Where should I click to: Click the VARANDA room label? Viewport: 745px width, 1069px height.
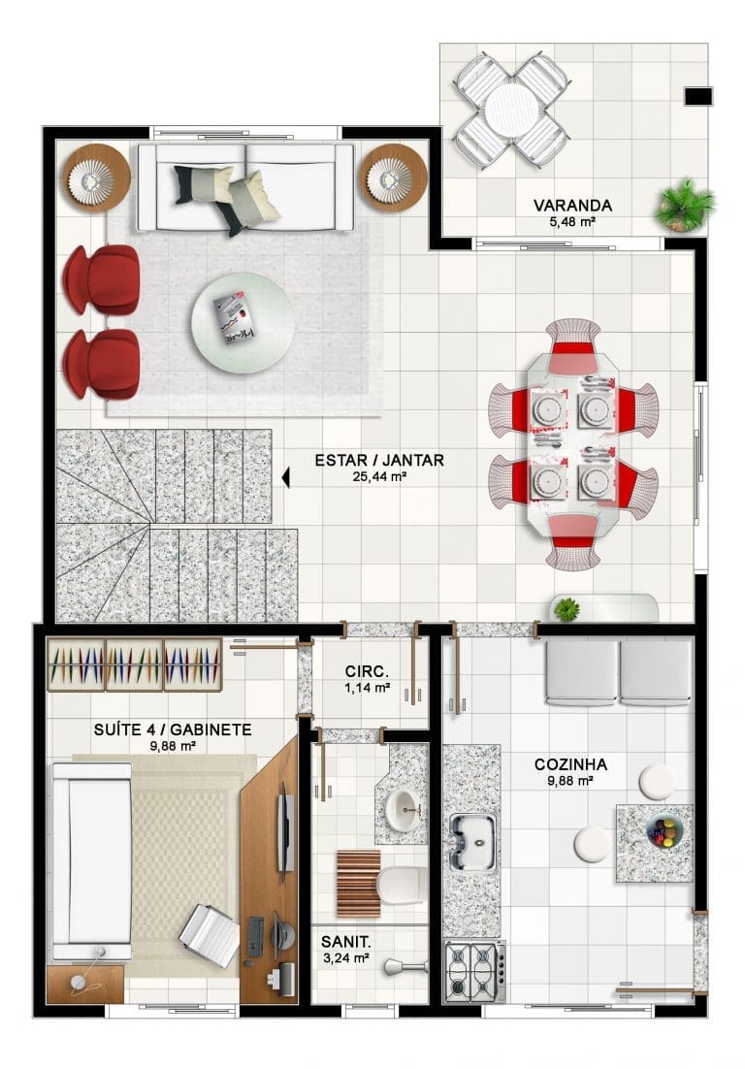click(x=572, y=206)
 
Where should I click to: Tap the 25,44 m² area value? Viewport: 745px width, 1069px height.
click(x=379, y=476)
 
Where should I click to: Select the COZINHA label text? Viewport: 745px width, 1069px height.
click(x=570, y=765)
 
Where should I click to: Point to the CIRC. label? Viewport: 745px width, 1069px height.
click(x=367, y=671)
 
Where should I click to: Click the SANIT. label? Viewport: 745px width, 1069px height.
click(x=346, y=942)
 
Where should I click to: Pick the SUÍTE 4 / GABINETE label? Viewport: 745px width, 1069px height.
click(x=173, y=730)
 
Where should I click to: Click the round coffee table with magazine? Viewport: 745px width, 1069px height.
click(x=243, y=323)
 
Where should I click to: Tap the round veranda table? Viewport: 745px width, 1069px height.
click(x=511, y=110)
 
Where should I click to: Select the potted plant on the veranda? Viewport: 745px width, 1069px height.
click(x=685, y=204)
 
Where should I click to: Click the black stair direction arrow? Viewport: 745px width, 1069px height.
click(x=285, y=477)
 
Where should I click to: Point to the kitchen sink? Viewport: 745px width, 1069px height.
click(x=471, y=843)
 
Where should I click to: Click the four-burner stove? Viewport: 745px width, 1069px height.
click(x=474, y=971)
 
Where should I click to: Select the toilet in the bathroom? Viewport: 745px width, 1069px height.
click(x=403, y=886)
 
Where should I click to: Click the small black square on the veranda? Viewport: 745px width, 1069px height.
click(x=698, y=97)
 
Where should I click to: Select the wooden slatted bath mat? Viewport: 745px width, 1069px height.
click(x=359, y=884)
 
